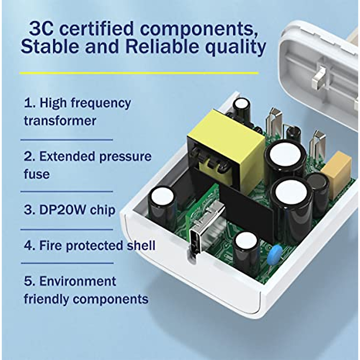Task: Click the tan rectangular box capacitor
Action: (x=338, y=174)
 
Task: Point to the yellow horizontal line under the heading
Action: (x=139, y=73)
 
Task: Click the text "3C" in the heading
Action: (x=41, y=29)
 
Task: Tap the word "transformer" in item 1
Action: (x=60, y=121)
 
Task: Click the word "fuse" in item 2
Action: (x=37, y=174)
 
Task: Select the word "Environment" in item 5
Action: (x=77, y=281)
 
